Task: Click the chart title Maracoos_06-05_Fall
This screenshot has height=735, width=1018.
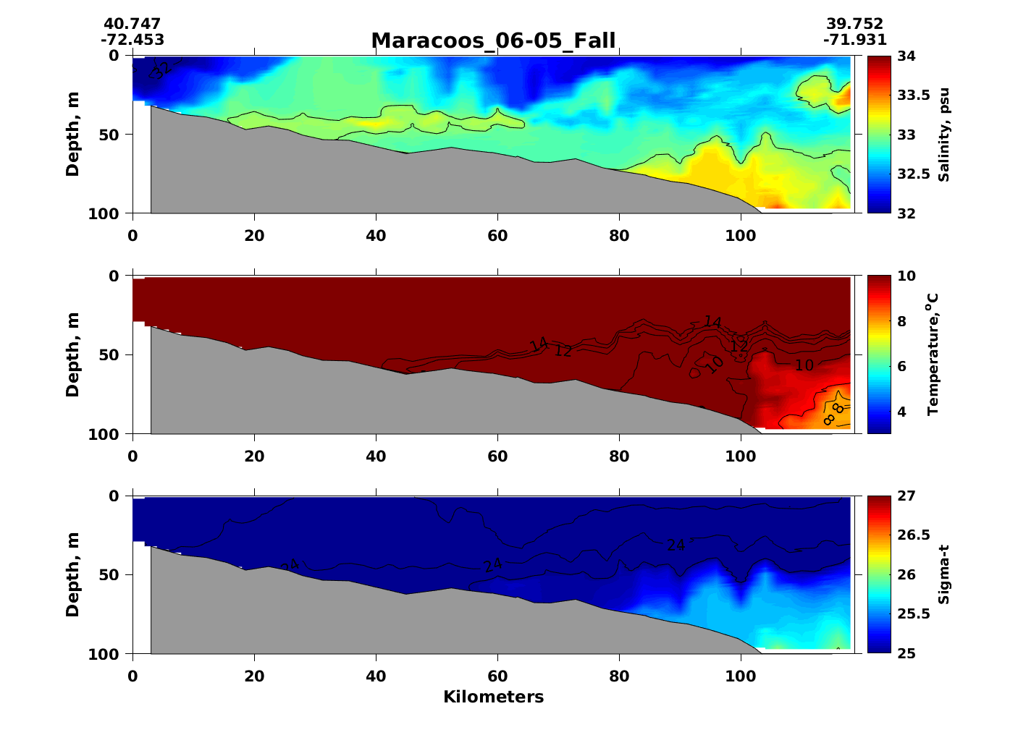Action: (493, 41)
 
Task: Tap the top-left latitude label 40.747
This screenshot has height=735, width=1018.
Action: (132, 25)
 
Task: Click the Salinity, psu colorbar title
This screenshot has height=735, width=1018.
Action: (943, 135)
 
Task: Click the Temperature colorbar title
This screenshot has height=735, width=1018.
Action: (933, 354)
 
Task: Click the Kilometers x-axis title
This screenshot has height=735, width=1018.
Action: (493, 697)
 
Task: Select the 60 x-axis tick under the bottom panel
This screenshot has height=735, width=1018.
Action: (497, 677)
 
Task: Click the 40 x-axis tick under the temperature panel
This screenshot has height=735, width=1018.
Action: (376, 456)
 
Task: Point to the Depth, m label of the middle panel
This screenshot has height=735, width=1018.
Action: (72, 355)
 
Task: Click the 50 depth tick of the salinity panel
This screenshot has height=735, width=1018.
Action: (114, 135)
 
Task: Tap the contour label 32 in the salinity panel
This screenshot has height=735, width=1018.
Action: (161, 69)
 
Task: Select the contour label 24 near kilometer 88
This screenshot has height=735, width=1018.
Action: (676, 545)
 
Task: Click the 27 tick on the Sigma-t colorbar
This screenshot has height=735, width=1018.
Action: (907, 496)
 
